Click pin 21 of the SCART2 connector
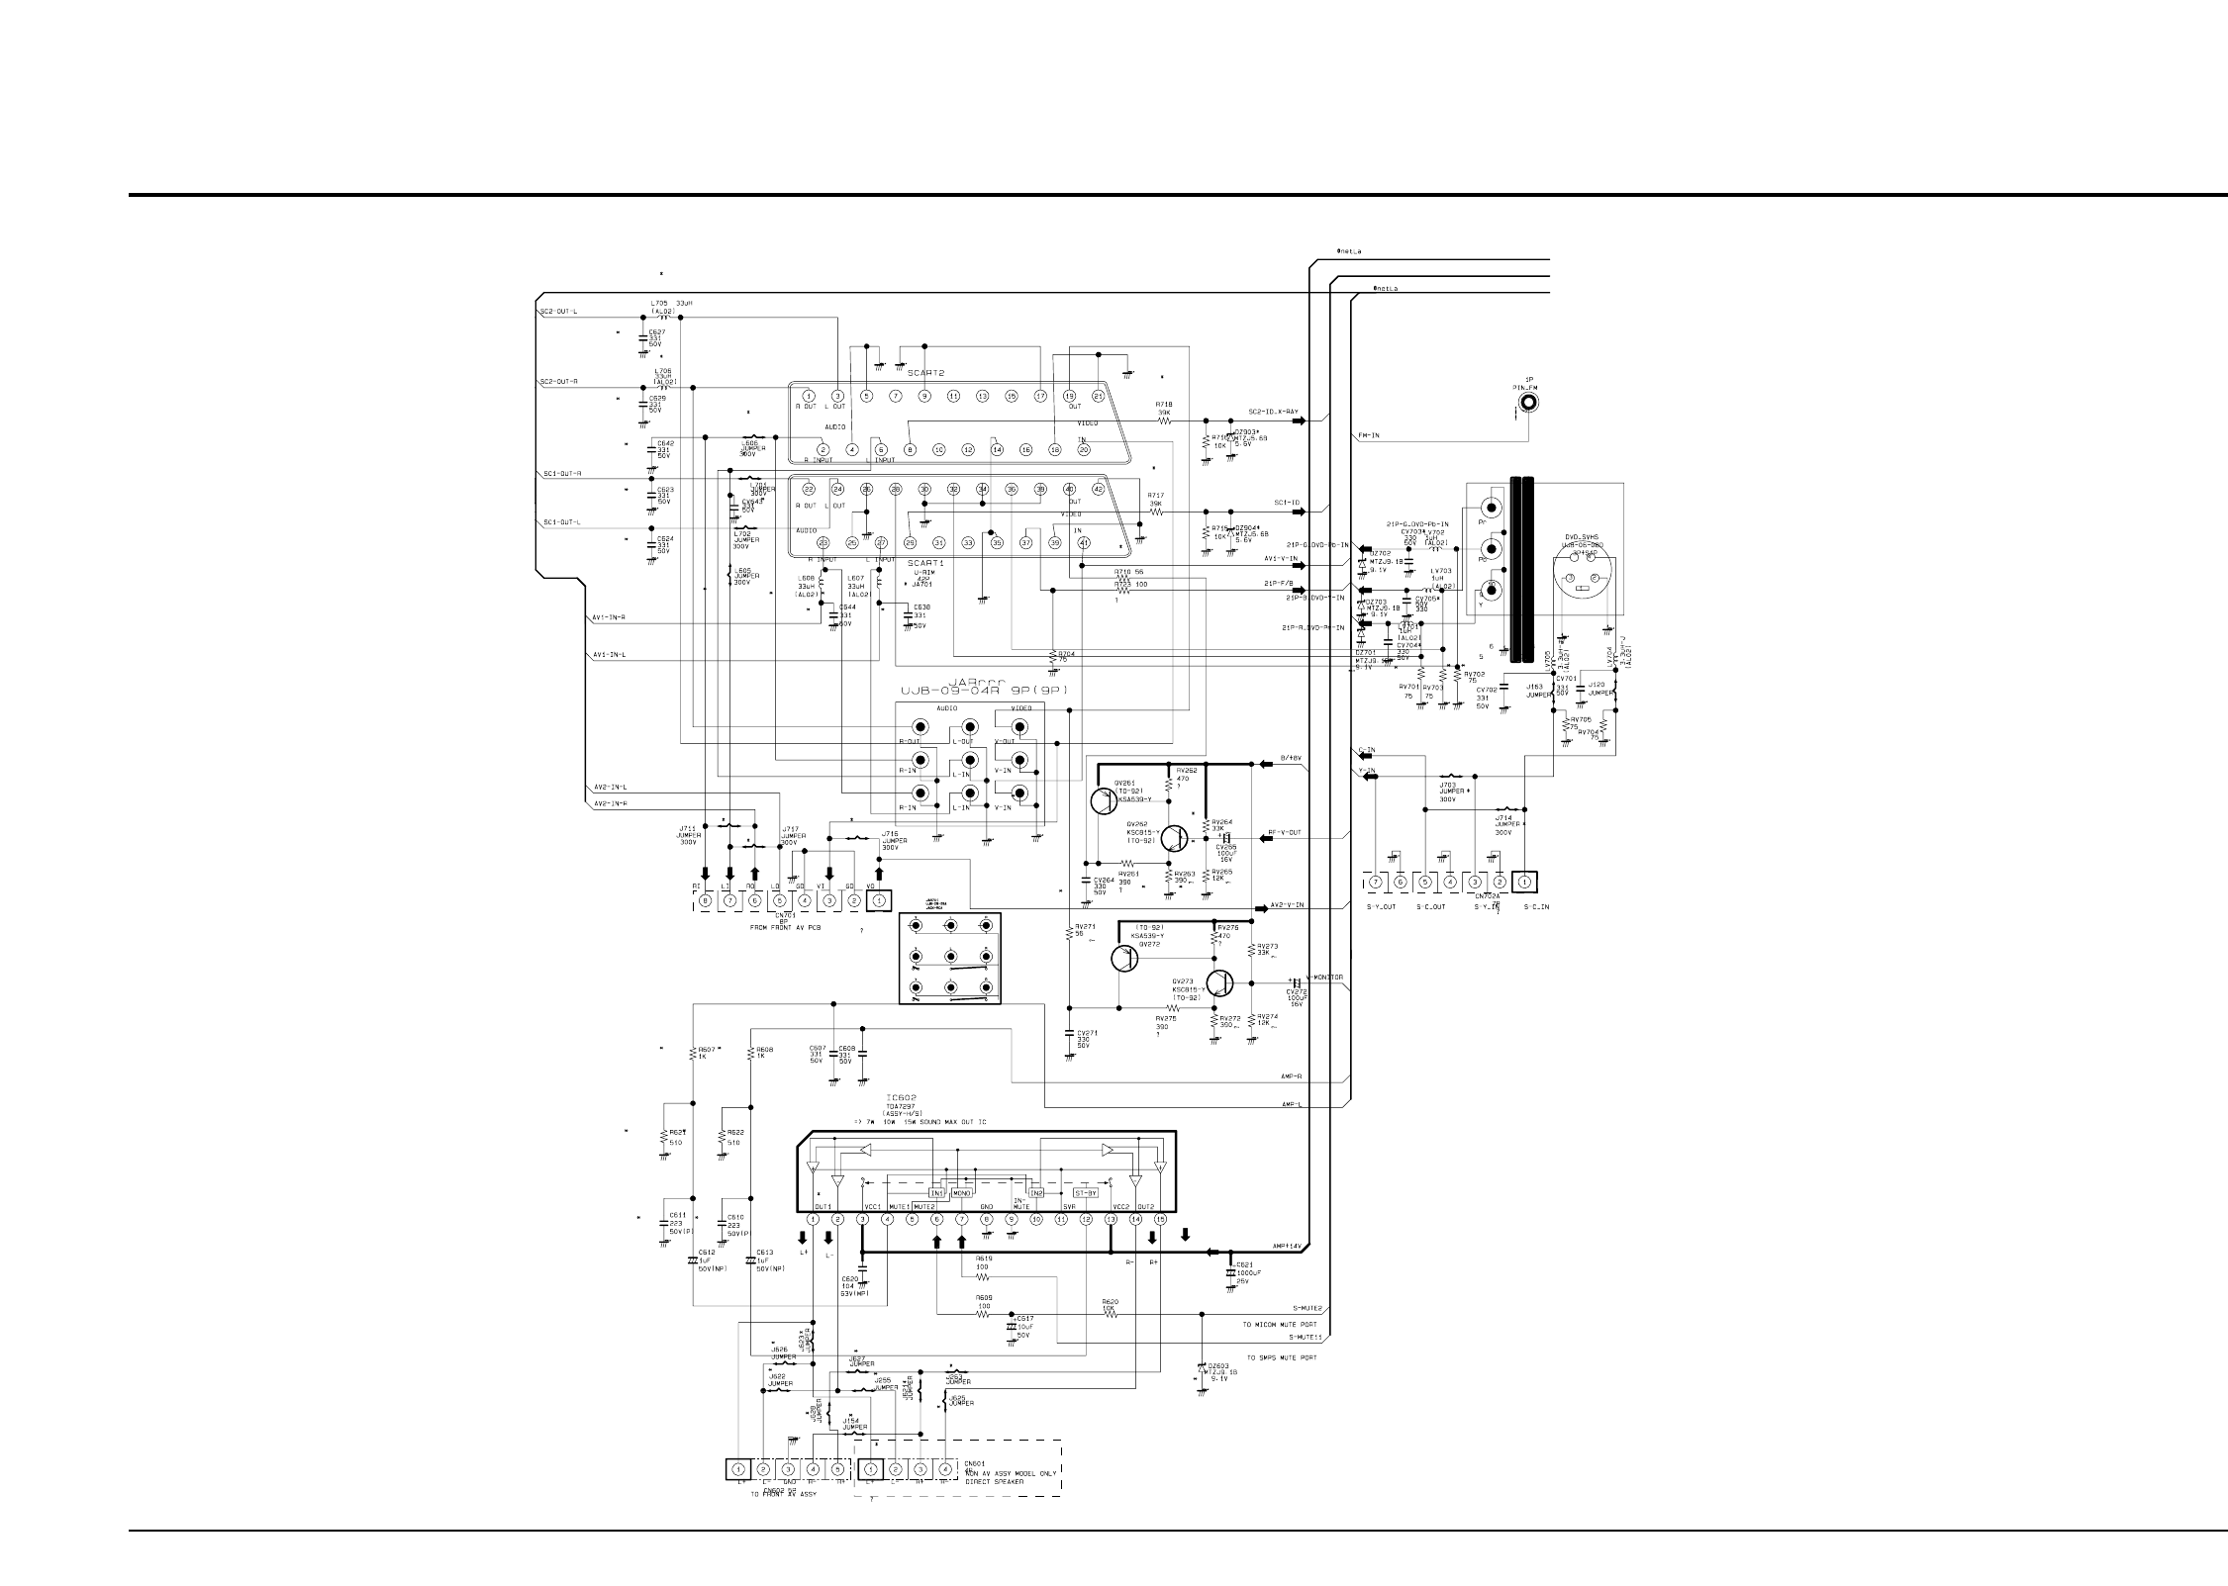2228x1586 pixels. click(1098, 396)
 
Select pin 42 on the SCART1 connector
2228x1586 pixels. click(1098, 489)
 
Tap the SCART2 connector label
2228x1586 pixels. click(927, 373)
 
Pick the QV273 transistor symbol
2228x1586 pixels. click(1221, 983)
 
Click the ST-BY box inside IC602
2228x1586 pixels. click(1087, 1192)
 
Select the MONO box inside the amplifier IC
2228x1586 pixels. click(961, 1193)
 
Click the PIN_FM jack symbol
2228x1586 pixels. click(1529, 402)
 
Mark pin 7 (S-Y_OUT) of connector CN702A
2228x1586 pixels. click(1376, 882)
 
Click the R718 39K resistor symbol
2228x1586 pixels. click(1165, 420)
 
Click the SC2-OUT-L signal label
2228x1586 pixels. click(559, 313)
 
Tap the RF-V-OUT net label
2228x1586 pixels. click(1285, 832)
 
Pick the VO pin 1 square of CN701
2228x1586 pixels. click(877, 900)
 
